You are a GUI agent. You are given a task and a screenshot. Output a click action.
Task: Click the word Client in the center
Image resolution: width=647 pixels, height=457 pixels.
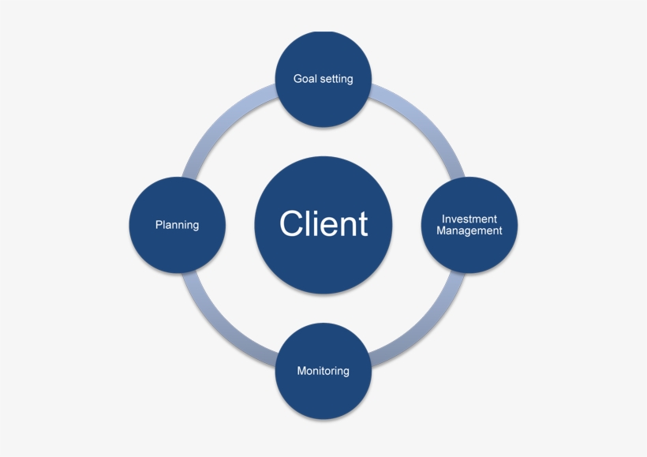tap(323, 224)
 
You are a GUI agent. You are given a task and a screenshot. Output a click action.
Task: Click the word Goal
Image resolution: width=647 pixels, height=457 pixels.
tap(305, 79)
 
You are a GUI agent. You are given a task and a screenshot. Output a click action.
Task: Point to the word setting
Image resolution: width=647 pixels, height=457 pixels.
tap(336, 79)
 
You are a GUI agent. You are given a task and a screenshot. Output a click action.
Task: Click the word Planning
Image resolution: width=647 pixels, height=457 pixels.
tap(178, 225)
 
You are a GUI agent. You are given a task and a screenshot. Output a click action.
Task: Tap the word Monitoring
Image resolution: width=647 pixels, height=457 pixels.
tap(323, 371)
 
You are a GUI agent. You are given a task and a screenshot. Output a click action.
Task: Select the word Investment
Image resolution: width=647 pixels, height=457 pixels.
tap(469, 219)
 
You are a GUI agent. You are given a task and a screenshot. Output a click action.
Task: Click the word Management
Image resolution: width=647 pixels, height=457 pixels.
tap(469, 231)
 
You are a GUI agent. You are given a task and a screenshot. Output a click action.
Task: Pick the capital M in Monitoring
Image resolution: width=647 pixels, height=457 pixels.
tap(301, 371)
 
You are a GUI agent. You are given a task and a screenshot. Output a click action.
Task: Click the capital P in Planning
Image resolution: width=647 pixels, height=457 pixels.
tap(159, 225)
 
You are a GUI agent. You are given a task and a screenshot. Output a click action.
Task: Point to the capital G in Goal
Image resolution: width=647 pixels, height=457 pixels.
tap(297, 79)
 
